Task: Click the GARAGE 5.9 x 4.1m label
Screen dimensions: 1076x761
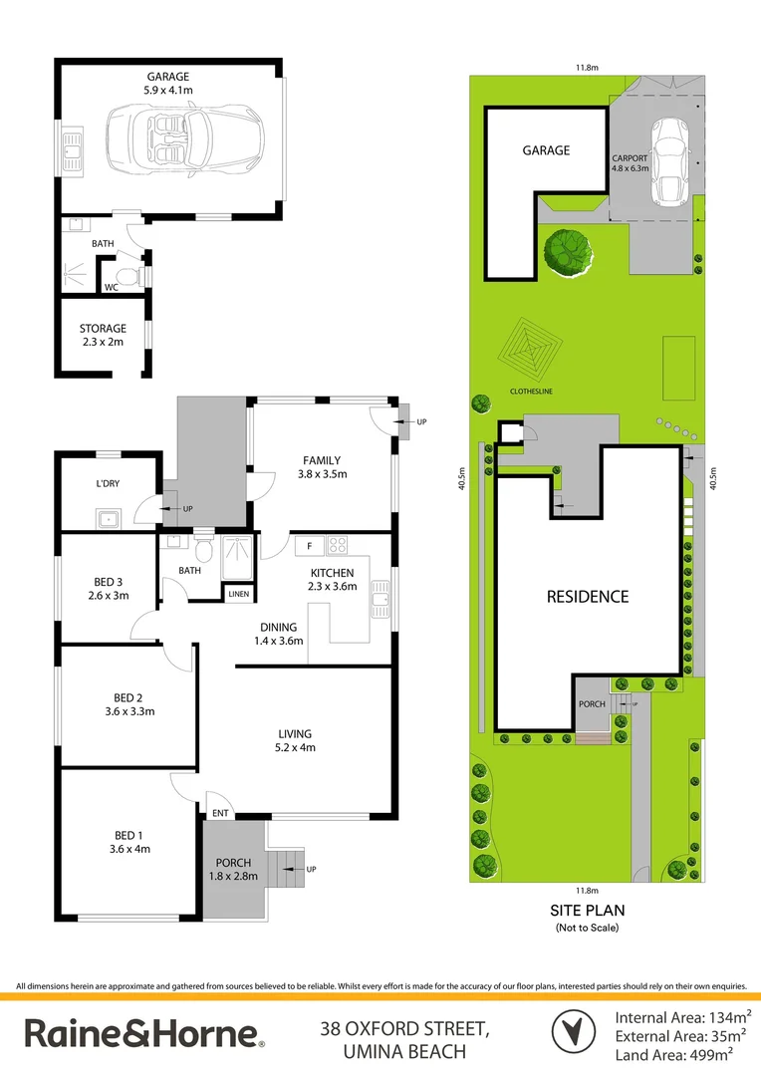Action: pos(168,83)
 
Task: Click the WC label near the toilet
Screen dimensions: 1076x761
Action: pos(114,288)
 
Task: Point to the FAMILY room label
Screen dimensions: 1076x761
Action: pos(322,467)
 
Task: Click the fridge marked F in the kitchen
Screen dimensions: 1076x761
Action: pos(309,545)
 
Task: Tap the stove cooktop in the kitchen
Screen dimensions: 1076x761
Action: pos(337,545)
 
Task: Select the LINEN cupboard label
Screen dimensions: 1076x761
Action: pos(239,594)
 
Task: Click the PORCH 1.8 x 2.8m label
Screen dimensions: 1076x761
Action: pos(233,869)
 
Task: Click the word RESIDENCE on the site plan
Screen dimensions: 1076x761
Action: pos(588,597)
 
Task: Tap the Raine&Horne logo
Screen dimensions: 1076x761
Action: pos(144,1033)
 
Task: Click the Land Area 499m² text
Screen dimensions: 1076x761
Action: pos(682,1052)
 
